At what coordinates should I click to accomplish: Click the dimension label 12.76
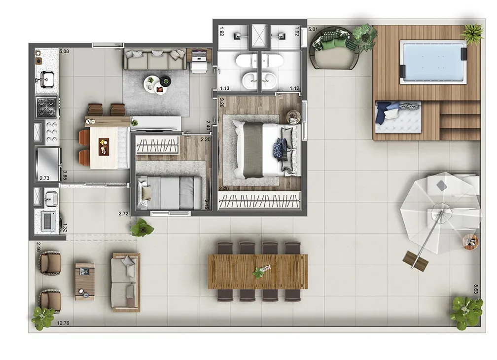63,324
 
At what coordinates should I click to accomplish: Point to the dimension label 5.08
64,51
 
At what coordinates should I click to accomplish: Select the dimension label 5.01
313,30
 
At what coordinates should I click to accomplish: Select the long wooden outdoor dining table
258,271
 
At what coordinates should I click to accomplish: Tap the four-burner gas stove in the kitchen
47,106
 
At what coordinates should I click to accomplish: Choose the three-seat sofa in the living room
154,60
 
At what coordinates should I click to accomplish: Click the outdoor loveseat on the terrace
126,282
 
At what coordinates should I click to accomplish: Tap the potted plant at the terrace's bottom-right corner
465,312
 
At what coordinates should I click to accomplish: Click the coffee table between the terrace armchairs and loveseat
84,281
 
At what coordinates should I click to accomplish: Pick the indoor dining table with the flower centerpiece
103,145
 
